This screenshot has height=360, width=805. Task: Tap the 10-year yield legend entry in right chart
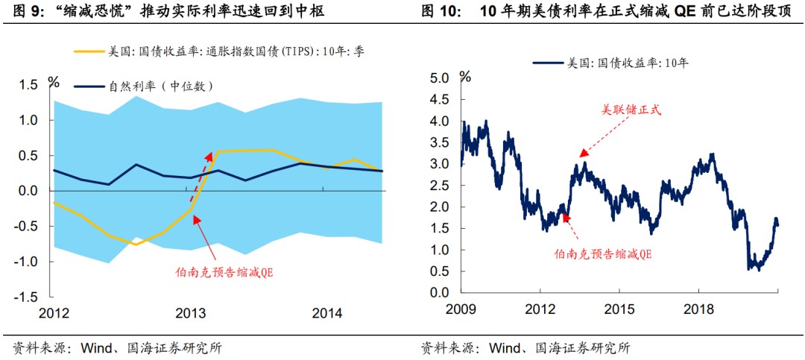(x=611, y=63)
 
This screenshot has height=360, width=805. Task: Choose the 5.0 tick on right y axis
(x=440, y=78)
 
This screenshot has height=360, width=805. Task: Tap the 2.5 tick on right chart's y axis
(x=440, y=186)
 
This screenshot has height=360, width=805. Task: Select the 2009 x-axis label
(x=461, y=309)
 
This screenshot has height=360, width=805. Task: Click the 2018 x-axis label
(x=698, y=309)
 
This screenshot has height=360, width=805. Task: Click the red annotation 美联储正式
(x=632, y=110)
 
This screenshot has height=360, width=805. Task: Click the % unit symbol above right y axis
(x=465, y=76)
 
